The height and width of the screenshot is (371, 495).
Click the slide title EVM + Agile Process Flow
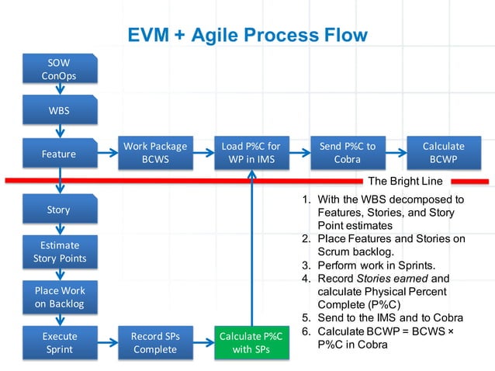click(247, 35)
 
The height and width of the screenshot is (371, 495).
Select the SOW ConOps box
click(59, 69)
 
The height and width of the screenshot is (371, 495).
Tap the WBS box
click(59, 110)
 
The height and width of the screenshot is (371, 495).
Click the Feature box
click(59, 154)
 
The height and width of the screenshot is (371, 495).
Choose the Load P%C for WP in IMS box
click(251, 153)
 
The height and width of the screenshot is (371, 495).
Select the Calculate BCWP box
click(443, 153)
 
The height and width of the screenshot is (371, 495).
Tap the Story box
click(59, 210)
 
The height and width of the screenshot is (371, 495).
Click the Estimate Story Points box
click(59, 252)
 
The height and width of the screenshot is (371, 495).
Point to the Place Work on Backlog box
click(59, 297)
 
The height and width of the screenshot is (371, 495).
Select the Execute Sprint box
click(59, 343)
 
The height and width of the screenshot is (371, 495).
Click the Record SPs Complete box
click(154, 343)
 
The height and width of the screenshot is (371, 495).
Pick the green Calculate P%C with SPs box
click(251, 343)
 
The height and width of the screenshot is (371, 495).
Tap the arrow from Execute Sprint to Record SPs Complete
click(107, 343)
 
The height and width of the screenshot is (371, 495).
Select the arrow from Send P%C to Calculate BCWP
click(395, 153)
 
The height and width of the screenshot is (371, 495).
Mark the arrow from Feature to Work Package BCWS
click(107, 153)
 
